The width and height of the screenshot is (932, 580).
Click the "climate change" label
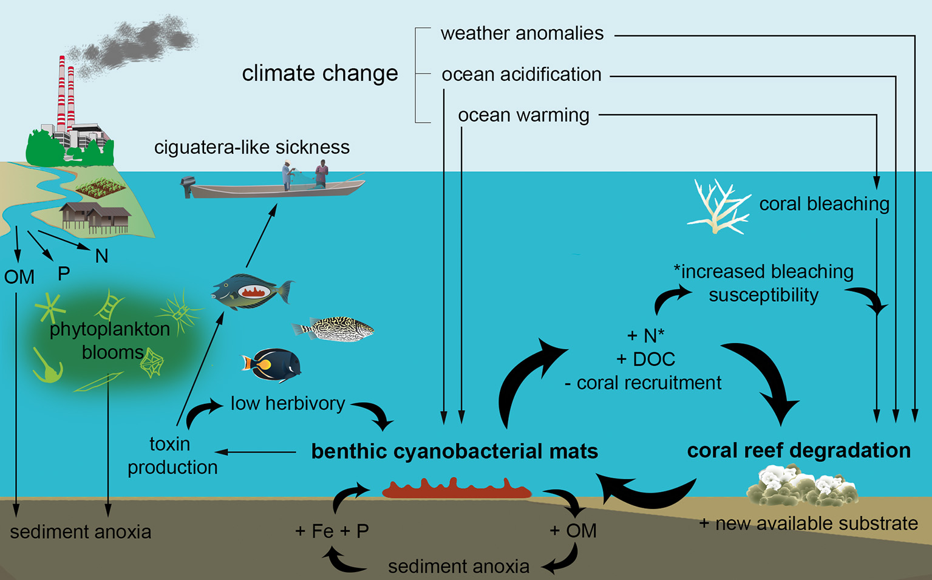tap(320, 73)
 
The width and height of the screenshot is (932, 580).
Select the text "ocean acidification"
tap(521, 75)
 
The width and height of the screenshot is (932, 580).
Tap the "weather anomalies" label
tap(522, 33)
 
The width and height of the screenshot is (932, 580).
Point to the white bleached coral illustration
tap(718, 206)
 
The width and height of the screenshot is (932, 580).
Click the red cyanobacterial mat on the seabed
tap(457, 489)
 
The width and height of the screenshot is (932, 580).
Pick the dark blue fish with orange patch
tap(273, 364)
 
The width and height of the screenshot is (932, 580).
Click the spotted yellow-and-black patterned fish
tap(334, 329)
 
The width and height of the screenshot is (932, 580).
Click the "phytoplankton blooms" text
tap(109, 341)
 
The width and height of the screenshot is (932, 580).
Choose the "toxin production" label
tap(171, 455)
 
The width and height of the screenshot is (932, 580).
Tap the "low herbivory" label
tap(288, 403)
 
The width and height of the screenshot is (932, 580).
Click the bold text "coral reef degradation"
tap(798, 451)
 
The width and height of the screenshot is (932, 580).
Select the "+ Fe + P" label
tap(332, 531)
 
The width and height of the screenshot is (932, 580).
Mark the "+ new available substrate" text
tap(808, 524)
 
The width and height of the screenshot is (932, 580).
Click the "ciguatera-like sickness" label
tap(252, 148)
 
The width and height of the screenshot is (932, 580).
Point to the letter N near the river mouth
tap(102, 256)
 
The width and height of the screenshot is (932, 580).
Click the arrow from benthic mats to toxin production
tap(256, 452)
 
